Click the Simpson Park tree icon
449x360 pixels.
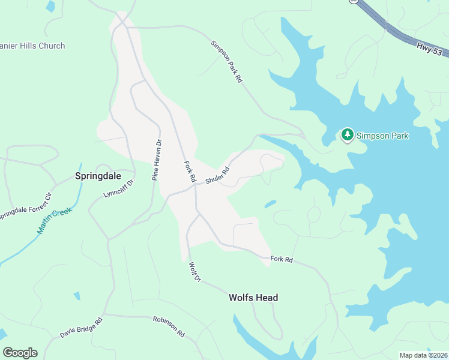[347, 135]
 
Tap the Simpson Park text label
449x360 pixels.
[382, 136]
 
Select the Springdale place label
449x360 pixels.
[98, 176]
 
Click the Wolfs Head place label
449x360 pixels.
[253, 298]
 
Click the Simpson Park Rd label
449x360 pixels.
[226, 62]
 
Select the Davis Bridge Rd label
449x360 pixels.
[81, 328]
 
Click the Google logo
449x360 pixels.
[20, 353]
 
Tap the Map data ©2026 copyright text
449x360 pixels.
[423, 355]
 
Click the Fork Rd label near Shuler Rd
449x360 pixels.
[189, 171]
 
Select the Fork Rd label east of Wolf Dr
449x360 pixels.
[281, 259]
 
